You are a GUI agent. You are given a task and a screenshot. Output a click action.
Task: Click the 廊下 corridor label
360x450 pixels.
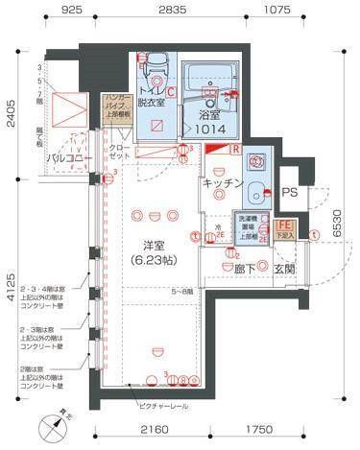(x=247, y=270)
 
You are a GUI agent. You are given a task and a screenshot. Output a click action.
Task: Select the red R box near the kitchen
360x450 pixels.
(x=235, y=148)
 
